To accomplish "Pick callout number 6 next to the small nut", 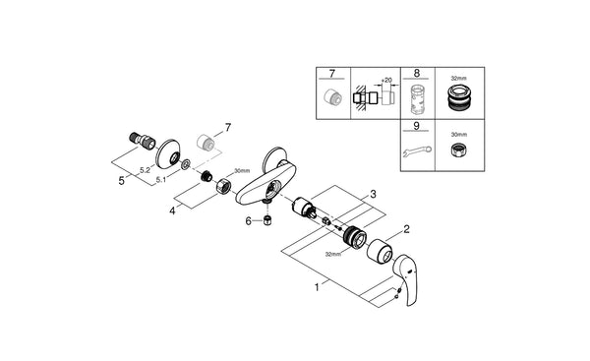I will (249, 221).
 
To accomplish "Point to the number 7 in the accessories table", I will (331, 74).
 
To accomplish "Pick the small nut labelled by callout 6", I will (265, 221).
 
